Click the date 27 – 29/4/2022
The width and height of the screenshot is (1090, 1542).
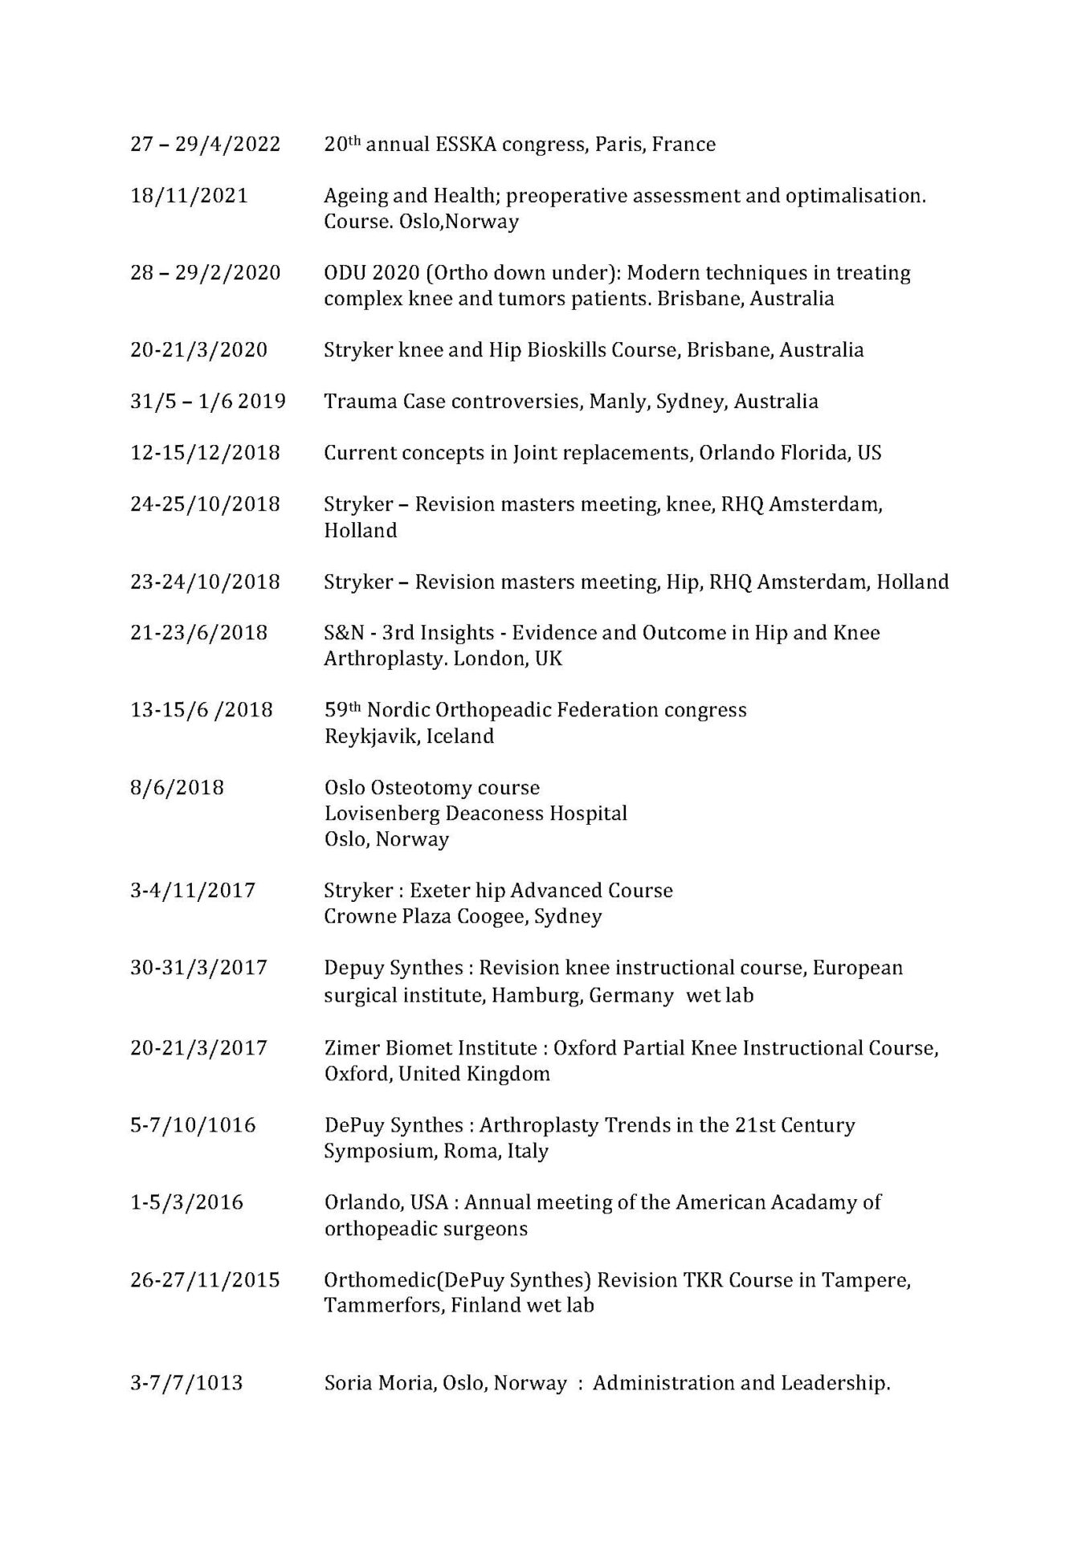205,145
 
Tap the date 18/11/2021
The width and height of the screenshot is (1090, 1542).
189,196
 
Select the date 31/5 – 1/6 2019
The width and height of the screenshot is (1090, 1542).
207,402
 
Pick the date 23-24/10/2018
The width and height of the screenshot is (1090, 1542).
205,581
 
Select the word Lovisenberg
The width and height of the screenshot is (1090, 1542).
370,814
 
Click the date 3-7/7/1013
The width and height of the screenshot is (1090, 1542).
186,1383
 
